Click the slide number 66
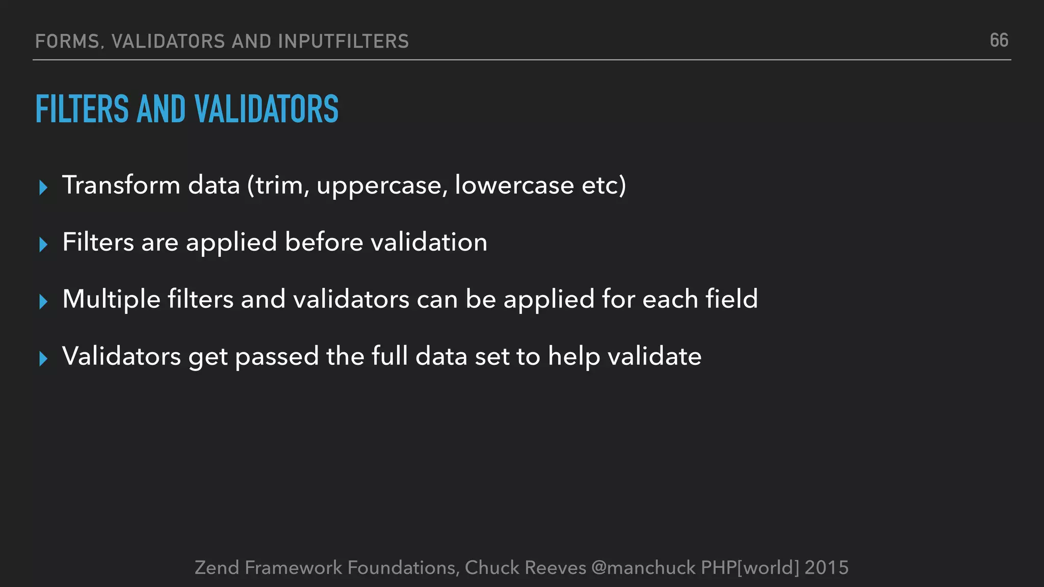pos(999,40)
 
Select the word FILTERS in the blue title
pos(82,109)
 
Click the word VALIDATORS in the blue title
pos(266,109)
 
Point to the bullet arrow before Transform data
pos(43,188)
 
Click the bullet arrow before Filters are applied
pos(43,245)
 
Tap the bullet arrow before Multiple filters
pos(43,302)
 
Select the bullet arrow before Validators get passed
pos(43,359)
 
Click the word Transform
pos(121,184)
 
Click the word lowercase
pos(514,184)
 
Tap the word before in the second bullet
pos(324,242)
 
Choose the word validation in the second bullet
pos(429,242)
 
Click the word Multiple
pos(112,300)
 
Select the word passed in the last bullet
pos(277,357)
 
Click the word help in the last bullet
pos(575,357)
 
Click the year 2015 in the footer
pos(827,567)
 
